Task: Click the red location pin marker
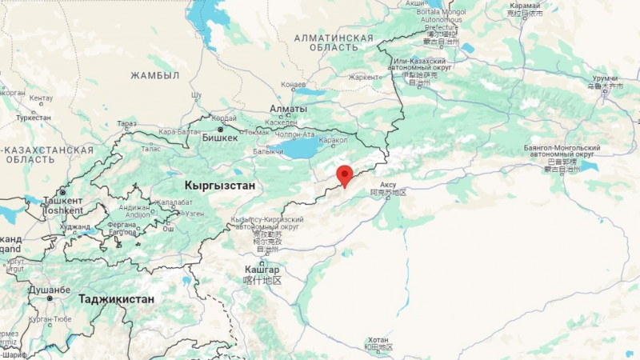(345, 174)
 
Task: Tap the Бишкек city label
(222, 138)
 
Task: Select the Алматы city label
(288, 109)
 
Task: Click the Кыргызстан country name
(219, 186)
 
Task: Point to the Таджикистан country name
(116, 298)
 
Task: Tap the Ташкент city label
(62, 200)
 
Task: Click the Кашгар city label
(262, 270)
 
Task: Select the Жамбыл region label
(155, 75)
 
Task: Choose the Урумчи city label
(606, 78)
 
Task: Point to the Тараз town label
(126, 124)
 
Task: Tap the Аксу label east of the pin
(388, 184)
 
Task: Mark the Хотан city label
(378, 339)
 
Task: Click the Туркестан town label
(33, 118)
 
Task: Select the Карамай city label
(525, 5)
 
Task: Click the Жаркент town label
(364, 78)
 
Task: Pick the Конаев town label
(294, 85)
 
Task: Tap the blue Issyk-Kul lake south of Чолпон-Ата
(302, 148)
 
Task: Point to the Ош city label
(169, 230)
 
